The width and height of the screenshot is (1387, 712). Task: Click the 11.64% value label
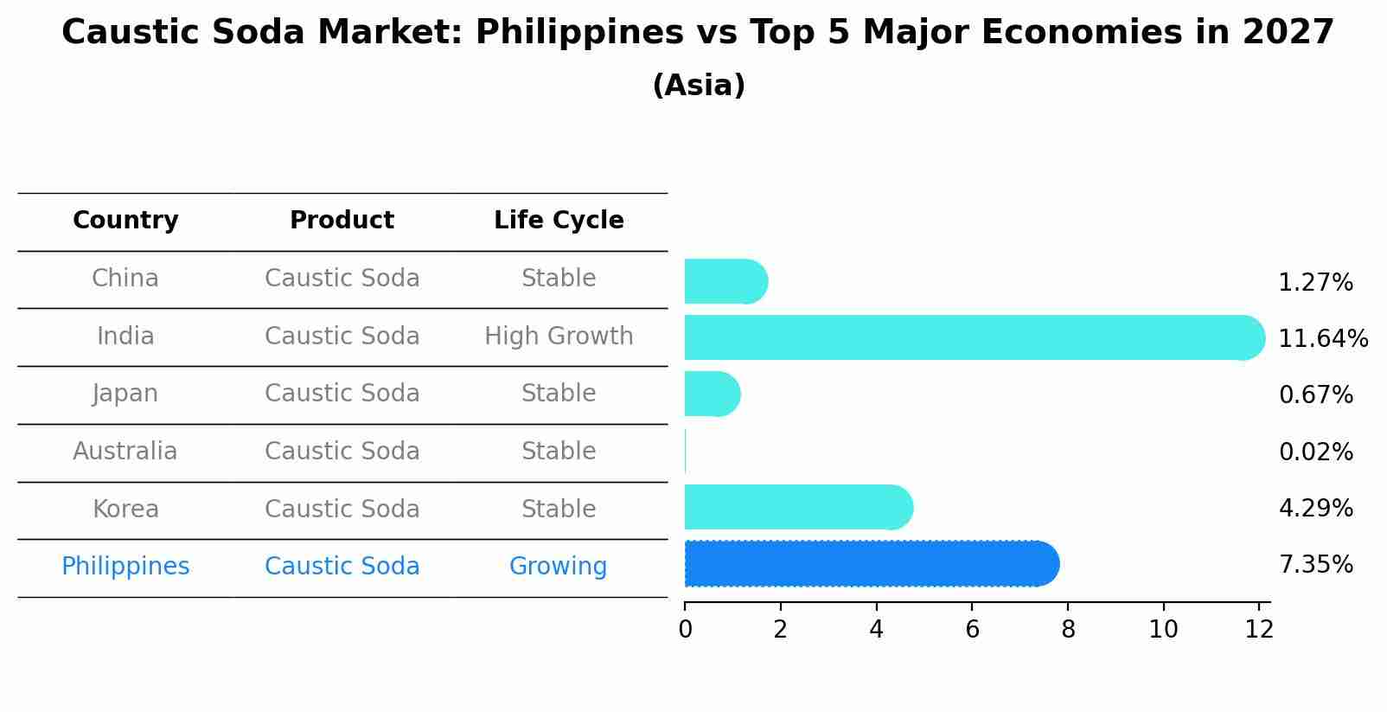click(1323, 338)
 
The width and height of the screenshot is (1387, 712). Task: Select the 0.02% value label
click(1315, 452)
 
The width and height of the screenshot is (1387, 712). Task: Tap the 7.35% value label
click(1315, 565)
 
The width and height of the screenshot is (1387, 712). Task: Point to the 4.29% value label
click(1315, 508)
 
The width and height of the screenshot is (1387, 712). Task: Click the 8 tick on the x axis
click(1068, 630)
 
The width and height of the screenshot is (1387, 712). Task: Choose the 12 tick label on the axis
click(1259, 630)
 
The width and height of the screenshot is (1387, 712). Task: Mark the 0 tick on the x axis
click(685, 630)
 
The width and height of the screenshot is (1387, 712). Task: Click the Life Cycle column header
click(559, 221)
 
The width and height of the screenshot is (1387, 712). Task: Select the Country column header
click(125, 221)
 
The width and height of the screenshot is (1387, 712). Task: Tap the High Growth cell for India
click(559, 336)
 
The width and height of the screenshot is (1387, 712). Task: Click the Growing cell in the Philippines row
click(558, 567)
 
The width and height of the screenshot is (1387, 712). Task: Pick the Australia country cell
click(125, 452)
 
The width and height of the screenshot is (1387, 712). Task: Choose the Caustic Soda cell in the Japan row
click(342, 394)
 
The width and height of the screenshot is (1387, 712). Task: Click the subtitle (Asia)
click(699, 86)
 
